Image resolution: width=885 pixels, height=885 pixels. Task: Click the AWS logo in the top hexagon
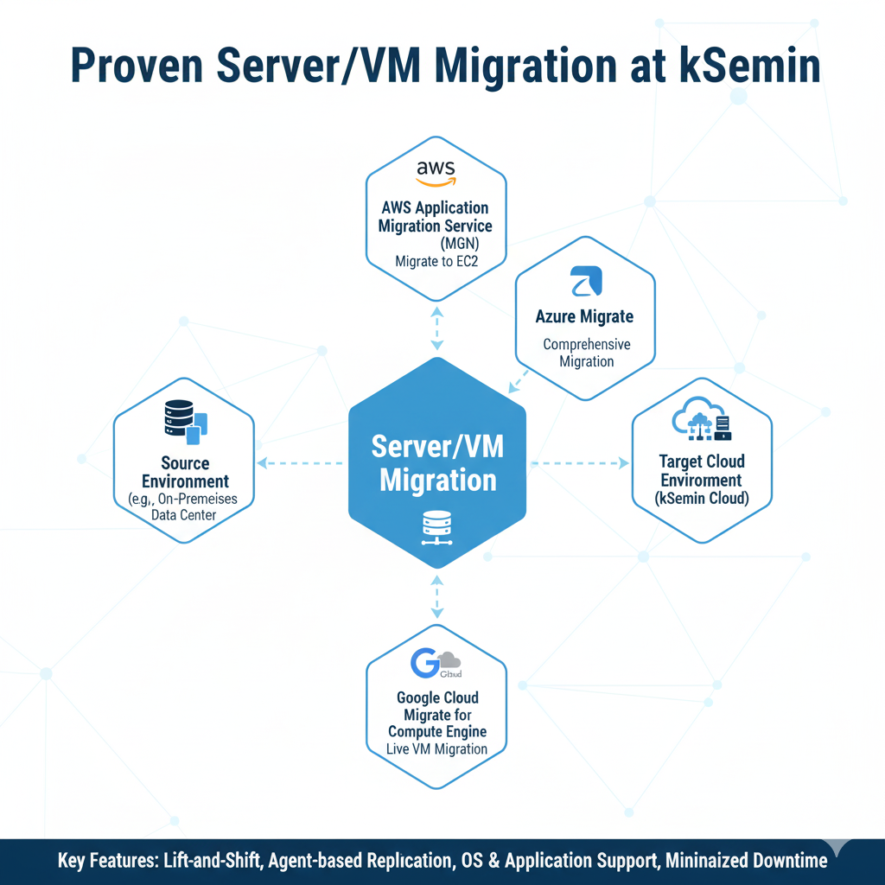(435, 172)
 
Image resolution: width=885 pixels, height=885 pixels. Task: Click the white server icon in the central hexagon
(436, 527)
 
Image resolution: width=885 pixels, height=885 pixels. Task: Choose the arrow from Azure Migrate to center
(520, 379)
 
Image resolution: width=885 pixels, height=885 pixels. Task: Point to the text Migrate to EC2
(435, 260)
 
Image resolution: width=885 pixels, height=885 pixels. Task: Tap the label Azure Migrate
(585, 317)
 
